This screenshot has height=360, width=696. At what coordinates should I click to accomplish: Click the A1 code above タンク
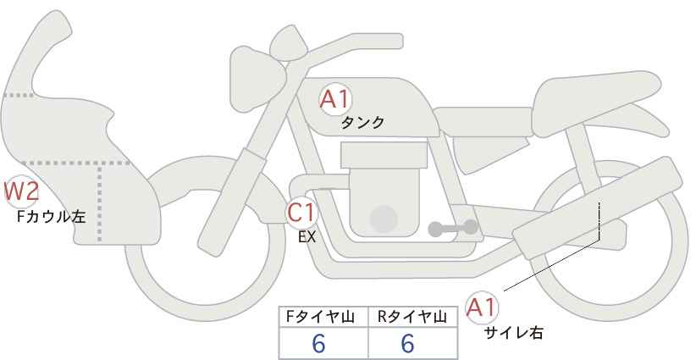(x=335, y=99)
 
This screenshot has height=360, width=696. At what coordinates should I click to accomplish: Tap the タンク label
(x=362, y=123)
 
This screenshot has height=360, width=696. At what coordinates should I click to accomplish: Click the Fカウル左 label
(x=51, y=217)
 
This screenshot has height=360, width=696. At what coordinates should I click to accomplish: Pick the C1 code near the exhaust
(x=302, y=212)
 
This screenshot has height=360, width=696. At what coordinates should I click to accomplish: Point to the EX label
(x=307, y=237)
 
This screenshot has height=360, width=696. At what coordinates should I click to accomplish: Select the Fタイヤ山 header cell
(x=323, y=317)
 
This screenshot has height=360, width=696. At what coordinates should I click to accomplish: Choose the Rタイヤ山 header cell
(x=412, y=317)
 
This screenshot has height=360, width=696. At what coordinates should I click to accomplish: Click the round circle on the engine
(x=384, y=219)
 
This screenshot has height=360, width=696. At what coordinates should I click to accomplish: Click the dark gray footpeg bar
(x=453, y=227)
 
